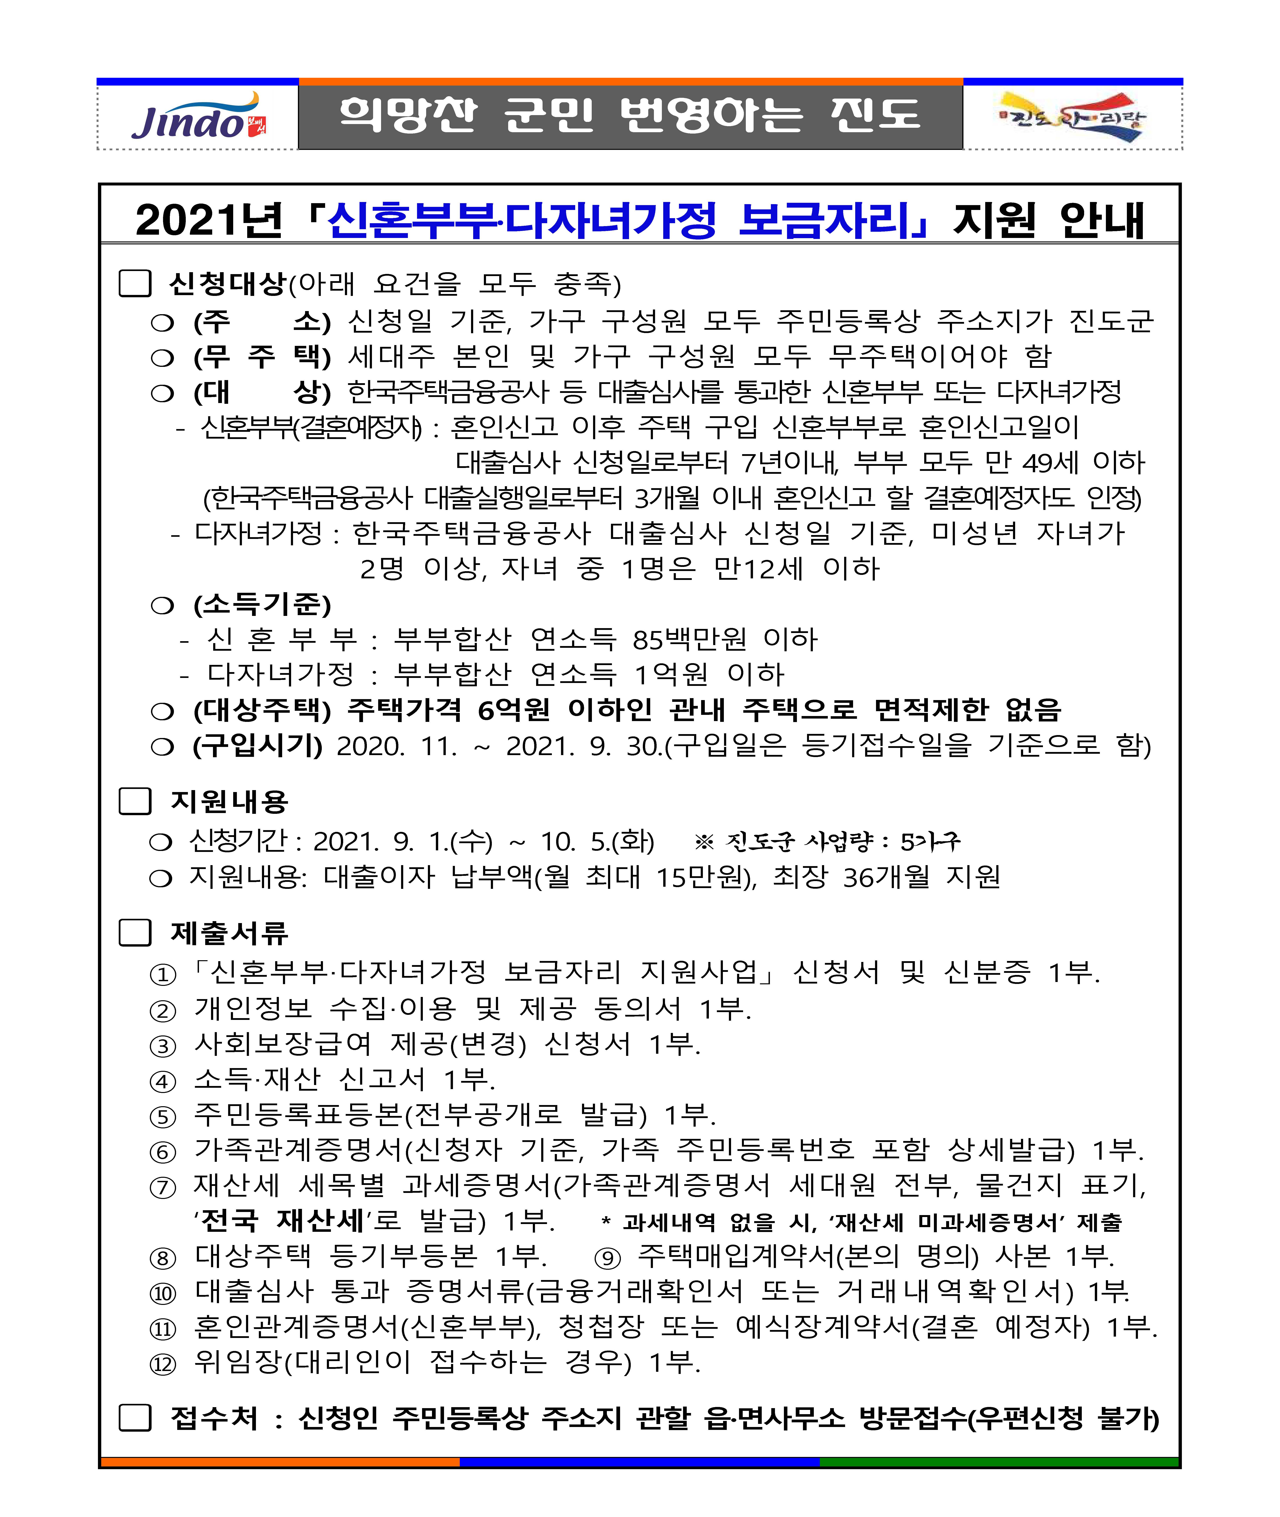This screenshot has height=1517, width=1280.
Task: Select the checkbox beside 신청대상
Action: [x=135, y=284]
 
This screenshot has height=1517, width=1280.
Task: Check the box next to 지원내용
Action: [x=135, y=801]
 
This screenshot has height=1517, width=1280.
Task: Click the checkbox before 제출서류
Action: [x=135, y=933]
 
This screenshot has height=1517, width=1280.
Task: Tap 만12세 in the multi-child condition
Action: [x=758, y=568]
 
